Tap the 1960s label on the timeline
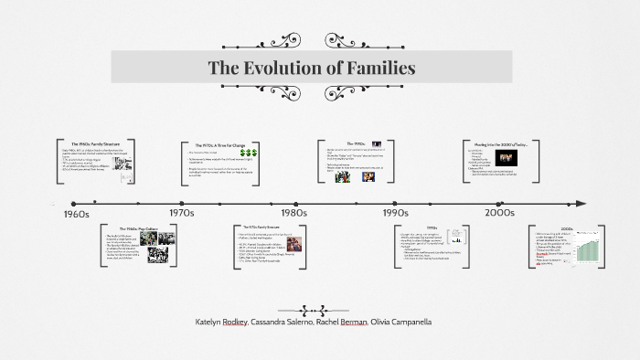click(x=70, y=213)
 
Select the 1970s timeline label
click(x=182, y=213)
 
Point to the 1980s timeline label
click(x=293, y=213)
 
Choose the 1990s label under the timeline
click(x=395, y=213)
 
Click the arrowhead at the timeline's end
click(x=581, y=203)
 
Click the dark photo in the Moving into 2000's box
click(x=506, y=158)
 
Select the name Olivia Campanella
click(x=399, y=323)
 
